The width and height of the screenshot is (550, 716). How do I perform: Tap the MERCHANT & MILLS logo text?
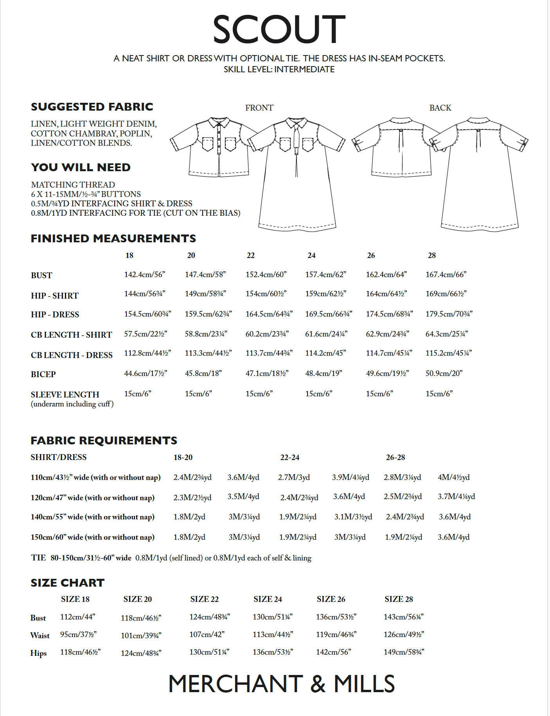point(281,684)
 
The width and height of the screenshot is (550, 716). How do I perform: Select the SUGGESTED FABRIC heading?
point(92,107)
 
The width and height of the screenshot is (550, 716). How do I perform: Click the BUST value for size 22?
point(266,274)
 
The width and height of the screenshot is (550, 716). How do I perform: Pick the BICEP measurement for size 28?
point(444,373)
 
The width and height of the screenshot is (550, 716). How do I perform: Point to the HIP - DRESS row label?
point(55,315)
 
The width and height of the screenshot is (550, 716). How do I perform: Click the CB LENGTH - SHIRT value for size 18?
point(146,334)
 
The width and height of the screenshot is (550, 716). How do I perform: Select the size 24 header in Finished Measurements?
point(311,255)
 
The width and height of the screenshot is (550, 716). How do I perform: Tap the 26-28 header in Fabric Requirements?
point(395,457)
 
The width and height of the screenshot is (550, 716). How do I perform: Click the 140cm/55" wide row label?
point(92,517)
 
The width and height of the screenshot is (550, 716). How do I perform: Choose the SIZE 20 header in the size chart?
point(137,599)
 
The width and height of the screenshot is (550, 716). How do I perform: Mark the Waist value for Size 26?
point(336,634)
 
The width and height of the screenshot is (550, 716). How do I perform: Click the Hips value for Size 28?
point(404,652)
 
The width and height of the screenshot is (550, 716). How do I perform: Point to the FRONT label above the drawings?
point(259,108)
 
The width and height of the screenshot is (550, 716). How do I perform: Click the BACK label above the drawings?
point(440,108)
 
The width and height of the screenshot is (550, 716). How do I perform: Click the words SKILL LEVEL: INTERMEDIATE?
point(279,70)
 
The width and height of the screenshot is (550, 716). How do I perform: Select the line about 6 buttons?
point(86,194)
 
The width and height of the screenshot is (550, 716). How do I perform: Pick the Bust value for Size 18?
point(77,617)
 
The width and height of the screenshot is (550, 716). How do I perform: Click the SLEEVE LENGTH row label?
point(65,394)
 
